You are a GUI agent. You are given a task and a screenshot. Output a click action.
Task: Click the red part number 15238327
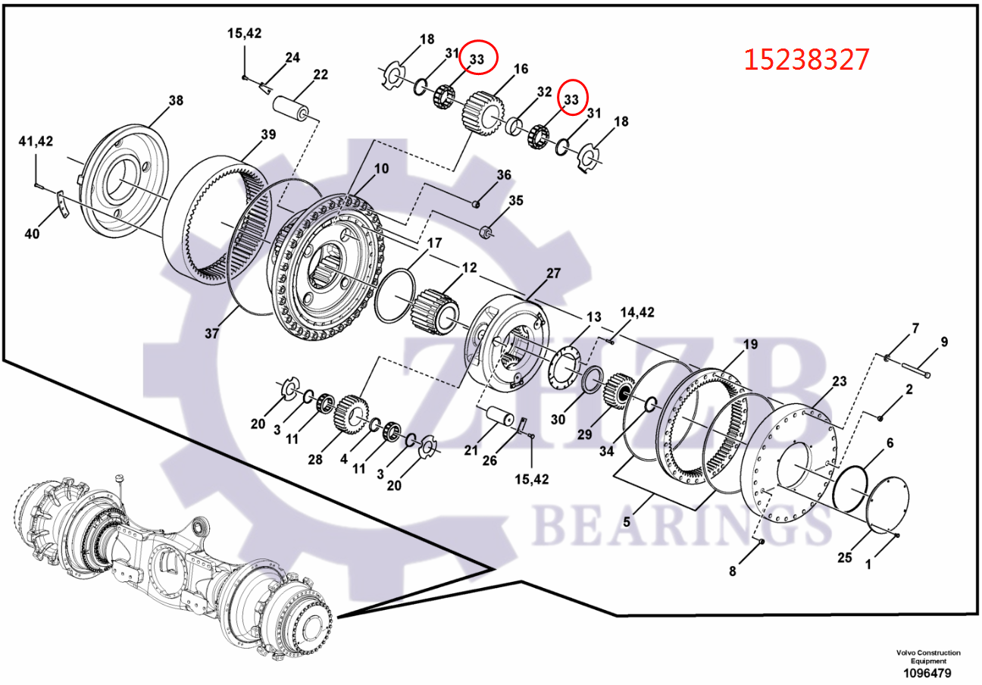coord(806,59)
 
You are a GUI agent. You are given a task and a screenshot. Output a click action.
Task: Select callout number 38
coord(176,101)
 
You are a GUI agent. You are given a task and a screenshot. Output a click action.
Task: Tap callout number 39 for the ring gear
coord(268,135)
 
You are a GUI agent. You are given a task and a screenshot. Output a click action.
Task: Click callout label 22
coord(321,74)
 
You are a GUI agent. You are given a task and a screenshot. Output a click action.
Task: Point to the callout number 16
coord(521,70)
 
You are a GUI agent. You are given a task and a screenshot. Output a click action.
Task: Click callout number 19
coord(749,345)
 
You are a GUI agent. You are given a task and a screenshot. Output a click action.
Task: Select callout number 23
coord(839,382)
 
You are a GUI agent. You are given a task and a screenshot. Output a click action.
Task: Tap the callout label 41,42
coord(36,142)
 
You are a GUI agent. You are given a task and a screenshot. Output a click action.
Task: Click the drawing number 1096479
coord(927,673)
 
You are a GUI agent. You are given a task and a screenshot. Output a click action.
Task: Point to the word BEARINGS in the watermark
coord(674,523)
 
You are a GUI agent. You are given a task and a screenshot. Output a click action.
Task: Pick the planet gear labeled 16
coord(480,113)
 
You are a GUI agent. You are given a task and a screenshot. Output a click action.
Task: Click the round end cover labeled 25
coord(880,508)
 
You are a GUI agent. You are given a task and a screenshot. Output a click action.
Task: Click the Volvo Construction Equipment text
coord(927,657)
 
